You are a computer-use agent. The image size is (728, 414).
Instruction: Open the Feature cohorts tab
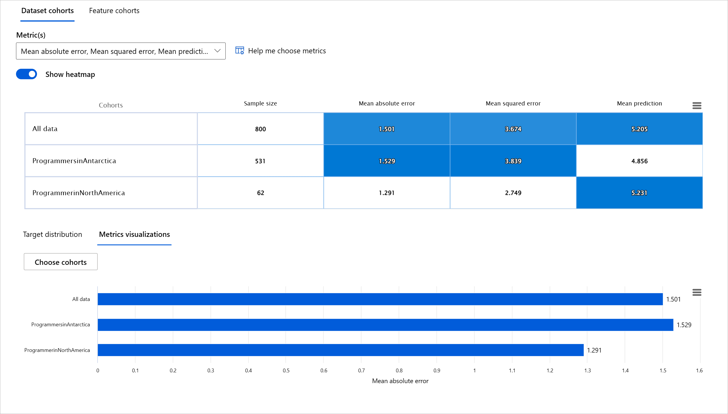coord(114,11)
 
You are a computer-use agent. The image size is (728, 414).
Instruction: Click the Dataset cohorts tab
coord(47,11)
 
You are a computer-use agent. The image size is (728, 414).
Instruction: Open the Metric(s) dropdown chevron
coord(217,51)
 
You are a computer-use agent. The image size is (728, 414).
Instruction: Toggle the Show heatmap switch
coord(26,74)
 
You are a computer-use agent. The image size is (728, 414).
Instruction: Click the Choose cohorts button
coord(61,262)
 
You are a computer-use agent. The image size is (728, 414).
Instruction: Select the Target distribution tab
coord(52,235)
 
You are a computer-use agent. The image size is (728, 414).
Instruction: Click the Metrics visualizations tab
coord(134,235)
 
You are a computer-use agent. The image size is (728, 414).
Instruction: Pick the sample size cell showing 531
coord(260,161)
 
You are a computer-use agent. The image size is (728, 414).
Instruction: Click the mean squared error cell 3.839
coord(513,161)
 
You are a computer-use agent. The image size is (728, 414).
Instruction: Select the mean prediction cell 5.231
coord(639,193)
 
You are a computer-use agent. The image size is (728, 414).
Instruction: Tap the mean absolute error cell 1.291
coord(387,193)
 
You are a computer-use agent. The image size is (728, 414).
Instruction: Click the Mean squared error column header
coord(513,103)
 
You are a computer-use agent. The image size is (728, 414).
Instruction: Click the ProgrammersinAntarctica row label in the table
coord(74,161)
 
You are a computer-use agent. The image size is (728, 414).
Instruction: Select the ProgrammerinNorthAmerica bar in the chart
coord(340,350)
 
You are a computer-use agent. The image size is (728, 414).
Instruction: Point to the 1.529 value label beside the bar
coord(684,325)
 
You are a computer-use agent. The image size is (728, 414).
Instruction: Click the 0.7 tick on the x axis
coord(361,371)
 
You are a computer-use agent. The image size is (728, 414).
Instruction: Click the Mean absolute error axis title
coord(400,381)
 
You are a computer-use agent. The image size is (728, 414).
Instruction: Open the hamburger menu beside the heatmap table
coord(697,105)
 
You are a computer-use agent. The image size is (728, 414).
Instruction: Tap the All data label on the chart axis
coord(81,299)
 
